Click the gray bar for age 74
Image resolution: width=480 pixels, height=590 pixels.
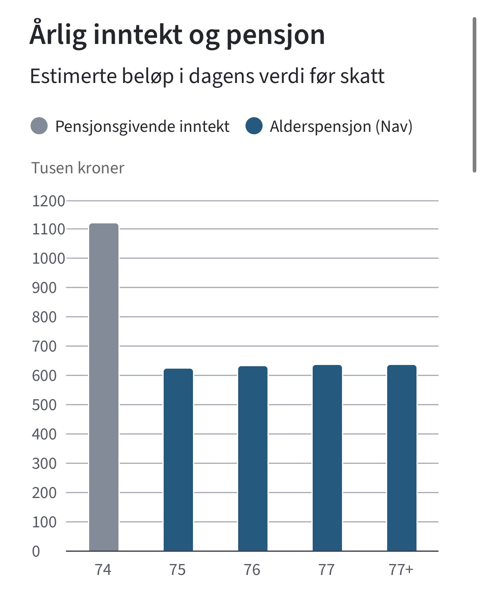tap(104, 387)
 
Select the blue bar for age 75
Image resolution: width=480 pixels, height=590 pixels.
tap(178, 460)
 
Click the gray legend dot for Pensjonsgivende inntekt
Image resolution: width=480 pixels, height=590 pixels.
tap(39, 126)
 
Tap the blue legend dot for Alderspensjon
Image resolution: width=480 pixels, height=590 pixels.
tap(254, 126)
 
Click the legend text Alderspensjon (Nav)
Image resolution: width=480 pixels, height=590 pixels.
tap(341, 127)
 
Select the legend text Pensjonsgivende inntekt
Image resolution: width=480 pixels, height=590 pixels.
tap(142, 127)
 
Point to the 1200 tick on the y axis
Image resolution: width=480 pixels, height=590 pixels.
tap(48, 201)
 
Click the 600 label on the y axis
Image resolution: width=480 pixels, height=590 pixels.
tap(44, 376)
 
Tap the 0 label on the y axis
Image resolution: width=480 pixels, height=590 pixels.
tap(36, 551)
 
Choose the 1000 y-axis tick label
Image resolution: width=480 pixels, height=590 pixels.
tap(48, 258)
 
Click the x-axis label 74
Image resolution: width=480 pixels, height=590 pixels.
tap(103, 570)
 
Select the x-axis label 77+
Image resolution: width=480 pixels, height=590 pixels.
tap(401, 570)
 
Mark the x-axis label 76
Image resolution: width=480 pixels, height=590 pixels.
tap(252, 570)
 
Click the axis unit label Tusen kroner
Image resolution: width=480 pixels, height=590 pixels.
tap(78, 168)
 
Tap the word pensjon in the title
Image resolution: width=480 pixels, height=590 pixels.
tap(276, 35)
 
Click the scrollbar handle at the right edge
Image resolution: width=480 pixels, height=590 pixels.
tap(474, 95)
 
